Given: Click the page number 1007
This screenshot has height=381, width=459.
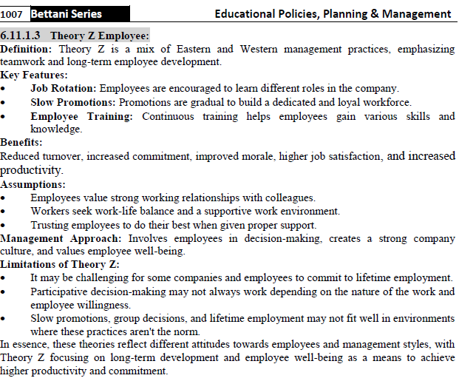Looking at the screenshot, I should (x=13, y=14).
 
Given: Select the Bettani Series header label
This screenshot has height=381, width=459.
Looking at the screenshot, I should (x=66, y=14).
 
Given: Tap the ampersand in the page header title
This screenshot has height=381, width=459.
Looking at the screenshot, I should (x=378, y=14).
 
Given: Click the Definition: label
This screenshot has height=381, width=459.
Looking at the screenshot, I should (x=27, y=49).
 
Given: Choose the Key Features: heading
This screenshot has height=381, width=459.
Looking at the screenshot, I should (x=34, y=75).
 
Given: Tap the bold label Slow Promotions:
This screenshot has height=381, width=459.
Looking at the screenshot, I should (x=72, y=102).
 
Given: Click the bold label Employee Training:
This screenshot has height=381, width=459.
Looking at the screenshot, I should (x=81, y=116).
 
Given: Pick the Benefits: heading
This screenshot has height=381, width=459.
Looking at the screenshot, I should (x=21, y=142).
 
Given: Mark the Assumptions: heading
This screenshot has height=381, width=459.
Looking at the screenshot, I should (x=33, y=184).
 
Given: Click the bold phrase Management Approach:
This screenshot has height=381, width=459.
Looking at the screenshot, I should (x=62, y=238).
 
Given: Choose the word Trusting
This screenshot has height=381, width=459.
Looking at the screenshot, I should (x=51, y=225).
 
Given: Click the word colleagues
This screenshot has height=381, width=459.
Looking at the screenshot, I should (x=291, y=198).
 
